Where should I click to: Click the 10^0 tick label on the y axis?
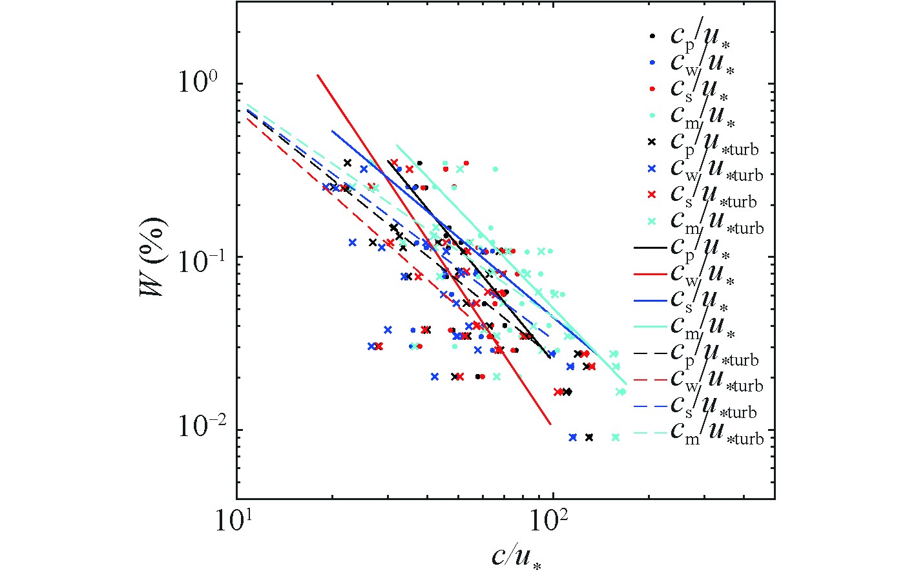pyautogui.click(x=199, y=85)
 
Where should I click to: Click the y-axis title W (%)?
pyautogui.click(x=153, y=257)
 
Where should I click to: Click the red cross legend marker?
pyautogui.click(x=652, y=194)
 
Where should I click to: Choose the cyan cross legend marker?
pyautogui.click(x=652, y=221)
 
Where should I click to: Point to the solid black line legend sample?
pyautogui.click(x=651, y=247)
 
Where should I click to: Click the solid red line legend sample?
pyautogui.click(x=651, y=274)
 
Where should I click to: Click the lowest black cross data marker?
pyautogui.click(x=589, y=437)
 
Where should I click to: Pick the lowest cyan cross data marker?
pyautogui.click(x=616, y=437)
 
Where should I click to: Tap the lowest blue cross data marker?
pyautogui.click(x=572, y=437)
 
